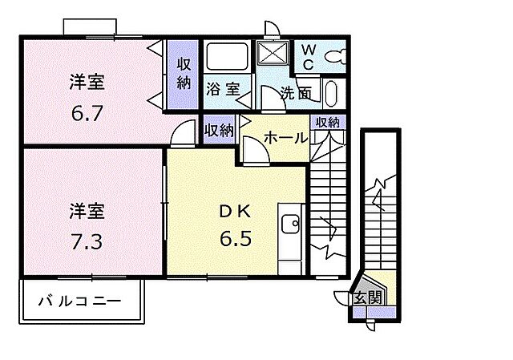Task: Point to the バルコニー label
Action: tap(80, 302)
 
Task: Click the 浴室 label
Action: tap(221, 89)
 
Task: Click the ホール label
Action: tap(286, 138)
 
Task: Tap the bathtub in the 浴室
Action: tap(228, 57)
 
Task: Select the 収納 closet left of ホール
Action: tap(218, 129)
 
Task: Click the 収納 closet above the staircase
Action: tap(327, 123)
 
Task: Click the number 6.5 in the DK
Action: tap(237, 238)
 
